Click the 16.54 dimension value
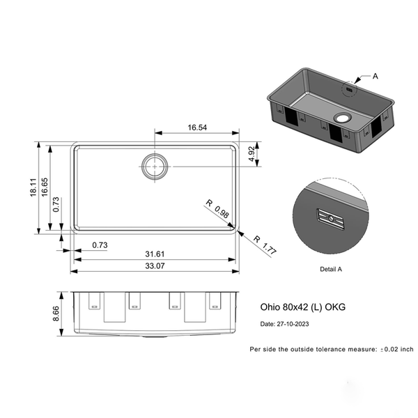point(197,127)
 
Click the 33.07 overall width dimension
point(155,266)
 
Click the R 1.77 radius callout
point(265,245)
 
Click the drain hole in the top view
point(155,166)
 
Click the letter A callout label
point(376,75)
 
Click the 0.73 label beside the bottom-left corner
point(100,245)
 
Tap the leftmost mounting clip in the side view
point(93,301)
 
